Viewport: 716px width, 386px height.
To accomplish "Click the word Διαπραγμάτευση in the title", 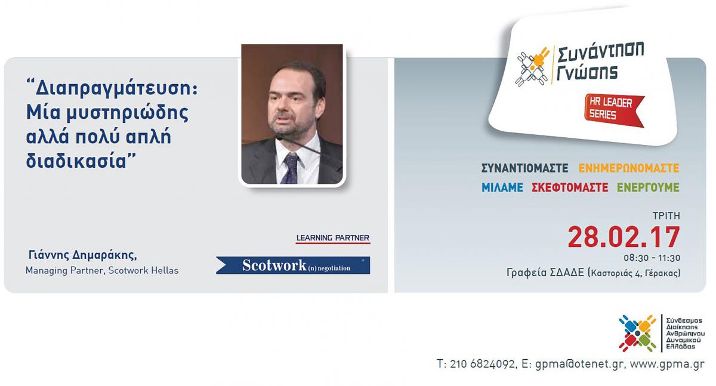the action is click(x=116, y=89).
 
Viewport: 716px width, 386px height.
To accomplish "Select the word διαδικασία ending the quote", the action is click(x=77, y=160).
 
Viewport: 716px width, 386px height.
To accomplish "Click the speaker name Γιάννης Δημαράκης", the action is click(x=82, y=255).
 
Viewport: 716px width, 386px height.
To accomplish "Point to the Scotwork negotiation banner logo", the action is click(x=293, y=265).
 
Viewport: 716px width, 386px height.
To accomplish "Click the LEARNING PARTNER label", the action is click(x=333, y=238).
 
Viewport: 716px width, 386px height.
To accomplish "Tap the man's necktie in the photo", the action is click(x=291, y=168).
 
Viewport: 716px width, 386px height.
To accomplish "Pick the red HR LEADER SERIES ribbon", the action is click(x=614, y=110).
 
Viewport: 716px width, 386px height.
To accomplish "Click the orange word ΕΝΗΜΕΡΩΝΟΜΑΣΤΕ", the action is click(x=629, y=168).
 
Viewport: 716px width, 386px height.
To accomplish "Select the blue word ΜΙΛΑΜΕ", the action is click(x=502, y=187).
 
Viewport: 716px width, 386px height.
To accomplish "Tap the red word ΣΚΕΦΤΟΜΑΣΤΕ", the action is click(x=570, y=187).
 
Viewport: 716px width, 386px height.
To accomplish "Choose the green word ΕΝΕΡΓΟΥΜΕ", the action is click(x=648, y=187).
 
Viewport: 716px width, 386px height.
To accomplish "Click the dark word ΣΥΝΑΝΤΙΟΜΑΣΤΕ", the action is click(x=525, y=168).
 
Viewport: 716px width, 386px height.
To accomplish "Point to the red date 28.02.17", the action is click(x=624, y=237).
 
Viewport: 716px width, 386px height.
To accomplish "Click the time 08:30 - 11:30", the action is click(x=652, y=258).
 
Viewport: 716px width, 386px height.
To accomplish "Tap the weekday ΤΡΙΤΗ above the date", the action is click(x=666, y=216).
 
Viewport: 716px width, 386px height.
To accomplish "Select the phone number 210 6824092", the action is click(x=482, y=364).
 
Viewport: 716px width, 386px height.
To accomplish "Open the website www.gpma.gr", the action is click(x=667, y=365).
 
